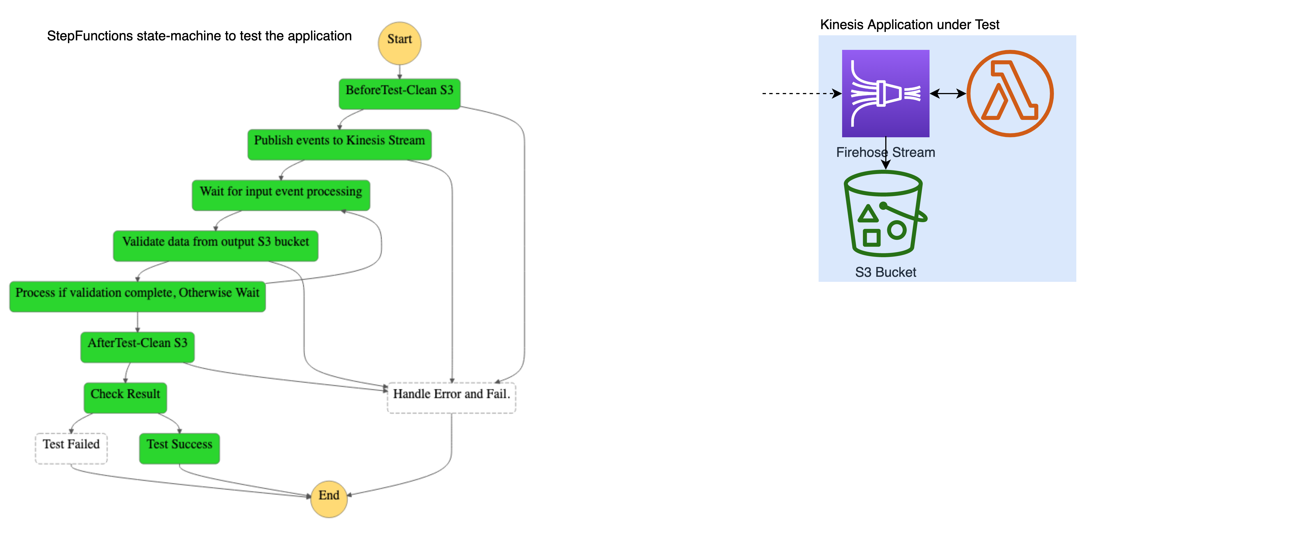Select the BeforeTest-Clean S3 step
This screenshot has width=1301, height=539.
pyautogui.click(x=399, y=94)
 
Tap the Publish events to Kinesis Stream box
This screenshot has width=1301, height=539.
pyautogui.click(x=339, y=145)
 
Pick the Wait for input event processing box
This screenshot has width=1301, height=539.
pyautogui.click(x=281, y=195)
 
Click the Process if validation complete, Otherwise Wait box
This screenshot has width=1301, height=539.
pyautogui.click(x=137, y=296)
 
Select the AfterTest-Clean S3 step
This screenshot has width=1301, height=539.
pyautogui.click(x=137, y=347)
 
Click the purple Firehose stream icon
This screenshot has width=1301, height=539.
pyautogui.click(x=885, y=94)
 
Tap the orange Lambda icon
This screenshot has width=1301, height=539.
pyautogui.click(x=1010, y=94)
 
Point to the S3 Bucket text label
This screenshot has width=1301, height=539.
pyautogui.click(x=885, y=272)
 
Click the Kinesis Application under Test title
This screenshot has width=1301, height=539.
pyautogui.click(x=910, y=25)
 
